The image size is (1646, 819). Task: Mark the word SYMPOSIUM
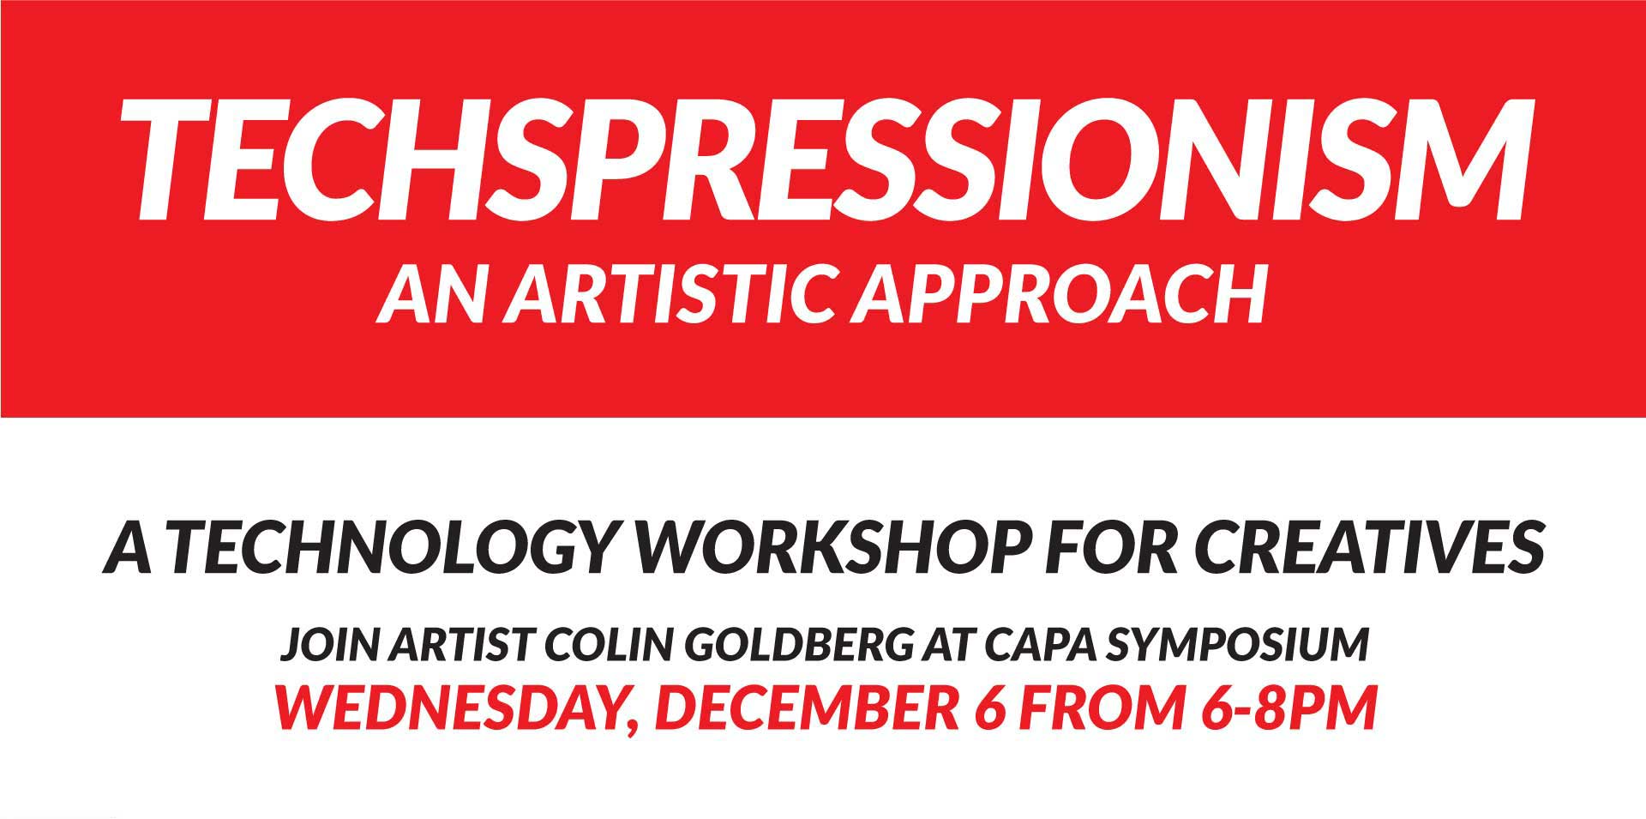point(1237,645)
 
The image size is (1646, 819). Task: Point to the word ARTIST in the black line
point(460,645)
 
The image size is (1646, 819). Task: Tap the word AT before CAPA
point(950,645)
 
